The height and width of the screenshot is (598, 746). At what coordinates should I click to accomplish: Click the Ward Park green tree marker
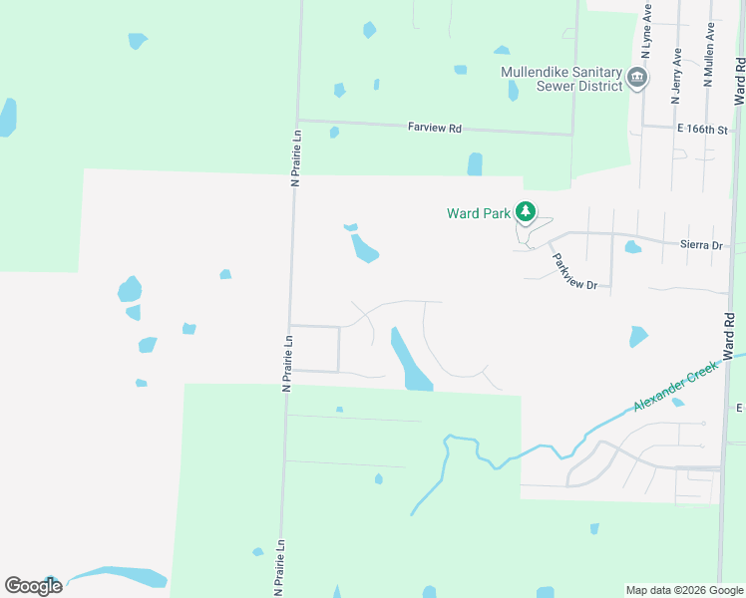click(x=526, y=212)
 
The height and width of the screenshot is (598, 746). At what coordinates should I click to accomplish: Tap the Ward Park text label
click(x=478, y=212)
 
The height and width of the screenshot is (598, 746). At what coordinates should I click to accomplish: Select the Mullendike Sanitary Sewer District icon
click(x=638, y=78)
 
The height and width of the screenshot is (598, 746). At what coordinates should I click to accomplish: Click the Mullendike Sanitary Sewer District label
click(x=562, y=79)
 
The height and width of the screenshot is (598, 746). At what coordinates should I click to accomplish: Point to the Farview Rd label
click(x=435, y=128)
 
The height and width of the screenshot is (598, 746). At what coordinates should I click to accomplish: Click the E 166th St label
click(x=704, y=130)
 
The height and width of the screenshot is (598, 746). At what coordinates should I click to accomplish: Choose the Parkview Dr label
click(x=574, y=271)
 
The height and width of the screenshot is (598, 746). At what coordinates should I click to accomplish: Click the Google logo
click(x=33, y=586)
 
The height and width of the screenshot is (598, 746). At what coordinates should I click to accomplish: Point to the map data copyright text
click(x=684, y=590)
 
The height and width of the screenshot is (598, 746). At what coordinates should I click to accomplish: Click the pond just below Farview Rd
click(x=475, y=163)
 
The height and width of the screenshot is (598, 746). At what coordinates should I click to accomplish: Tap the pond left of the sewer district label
click(x=513, y=91)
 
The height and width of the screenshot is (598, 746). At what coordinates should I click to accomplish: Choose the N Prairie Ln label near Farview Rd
click(x=295, y=157)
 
